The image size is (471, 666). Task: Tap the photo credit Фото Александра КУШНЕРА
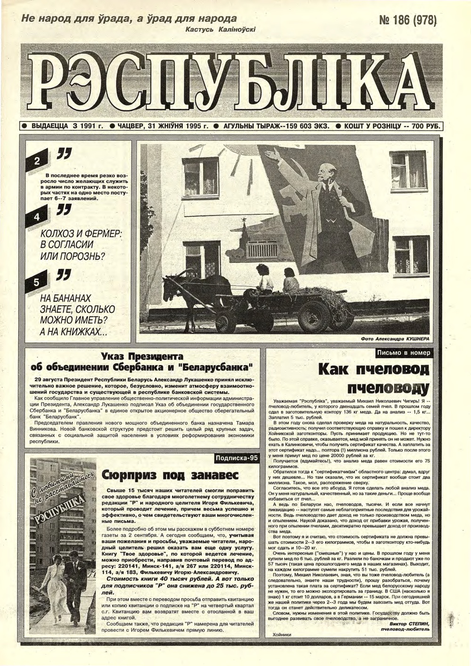click(395, 339)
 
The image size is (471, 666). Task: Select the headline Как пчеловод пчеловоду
click(374, 378)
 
